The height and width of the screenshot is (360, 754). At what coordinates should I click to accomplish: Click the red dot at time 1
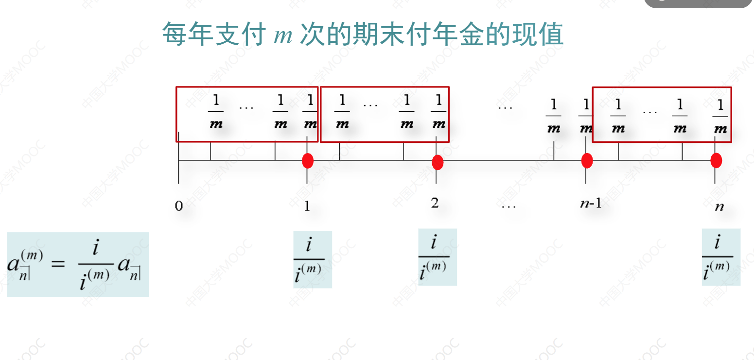point(307,160)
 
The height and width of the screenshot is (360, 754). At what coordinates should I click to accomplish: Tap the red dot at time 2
point(438,162)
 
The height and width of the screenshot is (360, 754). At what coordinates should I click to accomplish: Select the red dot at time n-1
point(587,160)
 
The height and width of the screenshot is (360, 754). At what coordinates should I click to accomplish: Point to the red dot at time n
point(716,160)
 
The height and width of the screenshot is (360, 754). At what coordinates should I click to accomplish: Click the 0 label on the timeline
point(179,206)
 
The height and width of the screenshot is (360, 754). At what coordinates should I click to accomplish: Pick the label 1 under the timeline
point(307,206)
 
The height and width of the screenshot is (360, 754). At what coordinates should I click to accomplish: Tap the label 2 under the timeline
point(435,203)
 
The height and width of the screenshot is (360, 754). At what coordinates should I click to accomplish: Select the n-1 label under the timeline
point(591,204)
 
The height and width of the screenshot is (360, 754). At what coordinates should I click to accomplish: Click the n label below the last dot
point(719,206)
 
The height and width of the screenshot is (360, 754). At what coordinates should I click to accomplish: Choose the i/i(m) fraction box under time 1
point(312,259)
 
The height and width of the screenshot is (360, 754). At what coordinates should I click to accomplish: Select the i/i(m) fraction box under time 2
point(437,257)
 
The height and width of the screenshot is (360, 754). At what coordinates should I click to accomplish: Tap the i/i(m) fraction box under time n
point(720,257)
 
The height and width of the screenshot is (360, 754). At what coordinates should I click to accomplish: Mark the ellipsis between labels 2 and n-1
point(509,206)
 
